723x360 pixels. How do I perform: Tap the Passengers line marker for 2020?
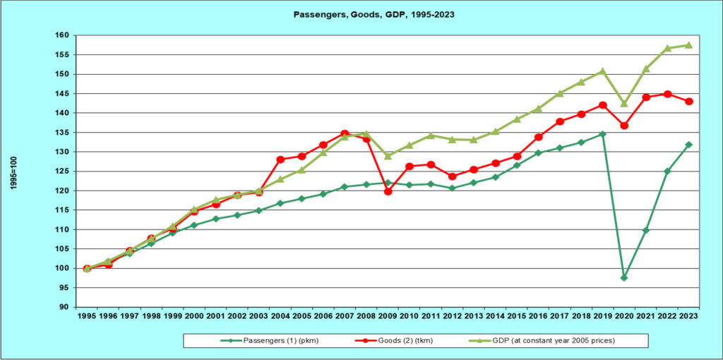624,277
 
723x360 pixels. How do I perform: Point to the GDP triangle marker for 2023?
688,45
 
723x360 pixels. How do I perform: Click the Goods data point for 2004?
281,160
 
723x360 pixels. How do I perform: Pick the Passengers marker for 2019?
602,133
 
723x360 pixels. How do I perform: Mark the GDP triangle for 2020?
624,104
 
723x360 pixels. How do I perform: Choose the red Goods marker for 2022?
667,94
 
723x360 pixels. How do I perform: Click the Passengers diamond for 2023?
688,145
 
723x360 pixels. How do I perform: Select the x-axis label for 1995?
87,316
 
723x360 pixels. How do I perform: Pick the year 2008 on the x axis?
366,316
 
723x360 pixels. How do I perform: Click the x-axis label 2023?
688,316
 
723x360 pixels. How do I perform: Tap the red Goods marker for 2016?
538,137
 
